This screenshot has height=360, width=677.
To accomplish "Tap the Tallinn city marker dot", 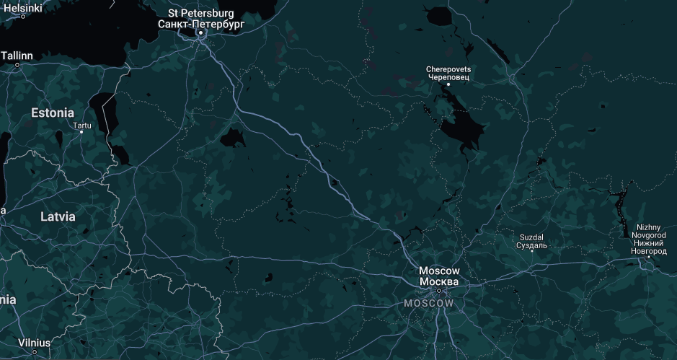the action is [18, 65].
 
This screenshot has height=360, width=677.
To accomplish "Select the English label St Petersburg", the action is [200, 13].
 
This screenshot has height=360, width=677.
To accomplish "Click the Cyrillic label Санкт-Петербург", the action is [201, 24].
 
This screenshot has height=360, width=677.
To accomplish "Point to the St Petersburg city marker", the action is [201, 33].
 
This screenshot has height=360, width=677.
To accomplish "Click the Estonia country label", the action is [52, 113].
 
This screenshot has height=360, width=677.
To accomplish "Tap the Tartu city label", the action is [82, 125].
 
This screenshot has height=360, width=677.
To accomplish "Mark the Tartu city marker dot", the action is [81, 132].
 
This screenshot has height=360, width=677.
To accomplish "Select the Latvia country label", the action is [57, 216].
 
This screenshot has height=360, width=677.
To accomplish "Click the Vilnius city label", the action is [35, 342].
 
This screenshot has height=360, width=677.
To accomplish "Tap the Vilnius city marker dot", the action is [35, 352].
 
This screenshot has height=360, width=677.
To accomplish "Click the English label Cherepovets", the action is [448, 69].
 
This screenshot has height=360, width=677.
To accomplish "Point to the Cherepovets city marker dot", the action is [448, 84].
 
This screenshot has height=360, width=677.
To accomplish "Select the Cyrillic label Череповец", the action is [448, 76].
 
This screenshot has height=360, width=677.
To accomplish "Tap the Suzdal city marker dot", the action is [531, 251].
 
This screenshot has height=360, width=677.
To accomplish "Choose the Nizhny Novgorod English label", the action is [647, 231].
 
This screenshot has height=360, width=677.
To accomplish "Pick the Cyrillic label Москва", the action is [438, 281].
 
